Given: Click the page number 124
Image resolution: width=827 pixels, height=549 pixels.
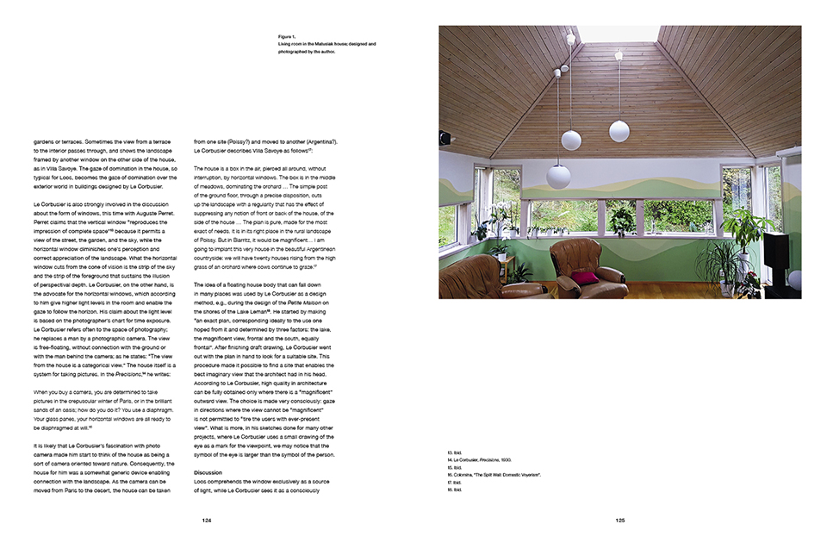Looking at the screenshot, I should point(207,521).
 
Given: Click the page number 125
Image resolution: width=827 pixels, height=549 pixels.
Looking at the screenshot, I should point(619,521).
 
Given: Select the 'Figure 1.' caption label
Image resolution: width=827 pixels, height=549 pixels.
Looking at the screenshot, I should point(288,37).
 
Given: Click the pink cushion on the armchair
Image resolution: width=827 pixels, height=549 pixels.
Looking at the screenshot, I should point(583,277).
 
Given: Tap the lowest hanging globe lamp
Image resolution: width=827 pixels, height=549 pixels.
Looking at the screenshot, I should point(558,176).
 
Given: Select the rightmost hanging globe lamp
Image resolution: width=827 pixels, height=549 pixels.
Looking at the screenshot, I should point(619,130).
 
